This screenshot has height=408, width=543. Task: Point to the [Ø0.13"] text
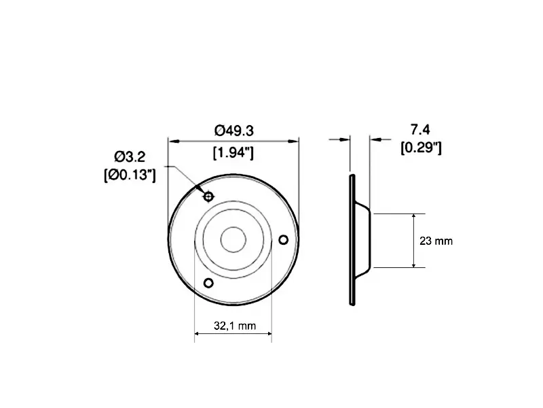[130, 175]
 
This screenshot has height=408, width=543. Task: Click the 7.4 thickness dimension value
[421, 129]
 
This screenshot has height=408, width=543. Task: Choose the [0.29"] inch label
[421, 147]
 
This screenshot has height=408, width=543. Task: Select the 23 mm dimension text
[436, 241]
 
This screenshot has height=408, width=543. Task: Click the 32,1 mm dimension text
[233, 326]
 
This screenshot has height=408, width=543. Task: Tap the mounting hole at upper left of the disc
[208, 197]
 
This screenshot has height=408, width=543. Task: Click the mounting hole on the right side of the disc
[284, 239]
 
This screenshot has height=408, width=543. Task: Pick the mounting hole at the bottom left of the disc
[208, 282]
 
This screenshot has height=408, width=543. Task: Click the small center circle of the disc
[233, 239]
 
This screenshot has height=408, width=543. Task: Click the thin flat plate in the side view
[352, 239]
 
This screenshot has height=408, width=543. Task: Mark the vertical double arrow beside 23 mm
[414, 240]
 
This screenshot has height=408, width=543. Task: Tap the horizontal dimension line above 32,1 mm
[233, 334]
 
